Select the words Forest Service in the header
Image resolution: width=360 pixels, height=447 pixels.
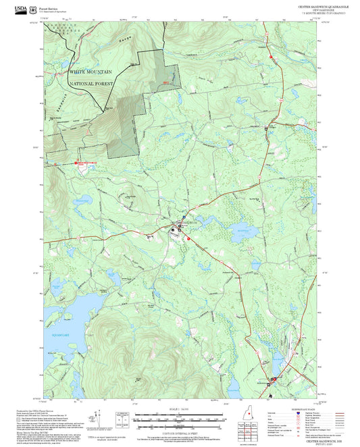point(49,5)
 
